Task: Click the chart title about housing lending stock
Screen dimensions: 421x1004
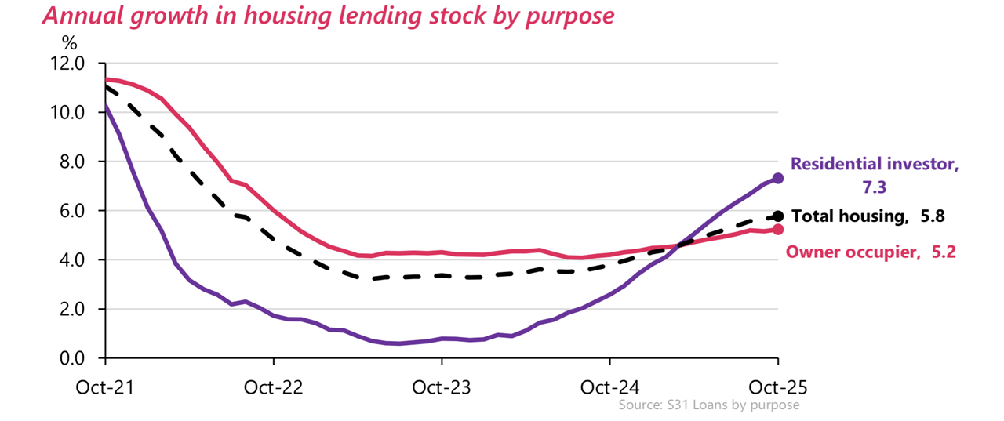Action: pos(329,16)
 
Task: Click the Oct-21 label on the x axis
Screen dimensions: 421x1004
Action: pos(104,387)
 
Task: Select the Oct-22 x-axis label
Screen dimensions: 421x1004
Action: pos(273,387)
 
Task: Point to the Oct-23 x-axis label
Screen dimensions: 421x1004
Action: pos(442,387)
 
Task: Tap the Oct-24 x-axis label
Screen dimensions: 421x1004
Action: pos(609,387)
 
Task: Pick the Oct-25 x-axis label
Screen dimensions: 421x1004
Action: pos(778,387)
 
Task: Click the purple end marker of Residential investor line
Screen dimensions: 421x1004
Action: pos(778,179)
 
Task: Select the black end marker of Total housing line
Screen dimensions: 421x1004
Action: pos(778,216)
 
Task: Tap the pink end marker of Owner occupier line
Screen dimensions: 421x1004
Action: pos(778,230)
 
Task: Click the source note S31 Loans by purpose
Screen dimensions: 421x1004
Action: pos(708,405)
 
